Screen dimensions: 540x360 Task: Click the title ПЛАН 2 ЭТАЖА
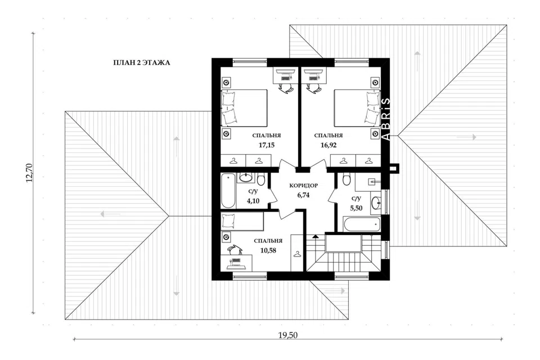(142, 62)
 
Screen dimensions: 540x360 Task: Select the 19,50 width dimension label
(287, 335)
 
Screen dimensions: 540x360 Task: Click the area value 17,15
(267, 145)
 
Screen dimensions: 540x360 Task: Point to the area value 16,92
(328, 145)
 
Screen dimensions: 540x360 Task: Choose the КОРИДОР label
(303, 186)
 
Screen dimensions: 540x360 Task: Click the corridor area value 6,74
(303, 195)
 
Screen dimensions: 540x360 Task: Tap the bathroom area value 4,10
(253, 201)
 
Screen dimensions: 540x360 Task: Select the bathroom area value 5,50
(356, 208)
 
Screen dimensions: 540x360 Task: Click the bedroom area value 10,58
(268, 250)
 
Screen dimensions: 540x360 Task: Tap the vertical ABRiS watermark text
(386, 119)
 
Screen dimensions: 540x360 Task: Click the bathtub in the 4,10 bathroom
(228, 191)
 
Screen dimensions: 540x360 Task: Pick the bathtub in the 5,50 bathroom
(361, 224)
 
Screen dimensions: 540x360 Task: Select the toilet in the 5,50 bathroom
(347, 179)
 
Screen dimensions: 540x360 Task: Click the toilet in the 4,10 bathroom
(260, 179)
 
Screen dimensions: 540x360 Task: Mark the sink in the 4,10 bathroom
(246, 177)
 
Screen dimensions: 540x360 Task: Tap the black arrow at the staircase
(315, 237)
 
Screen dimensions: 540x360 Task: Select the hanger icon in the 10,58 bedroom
(297, 254)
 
